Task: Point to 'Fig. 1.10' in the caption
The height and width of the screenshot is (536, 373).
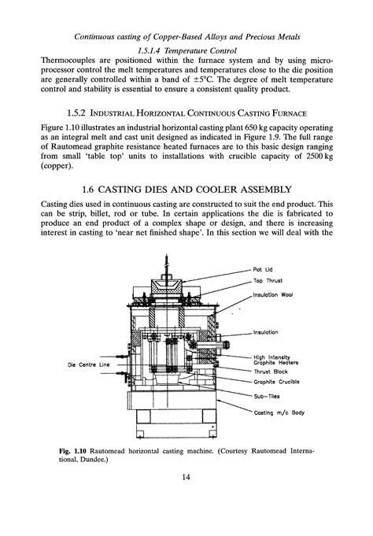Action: pos(76,450)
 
